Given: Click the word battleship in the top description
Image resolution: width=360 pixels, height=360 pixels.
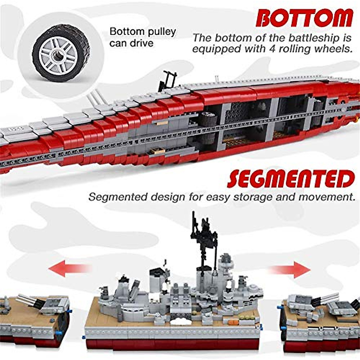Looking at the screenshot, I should pyautogui.click(x=313, y=38).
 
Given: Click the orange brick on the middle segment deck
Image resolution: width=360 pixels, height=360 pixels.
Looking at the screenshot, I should pyautogui.click(x=232, y=322).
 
